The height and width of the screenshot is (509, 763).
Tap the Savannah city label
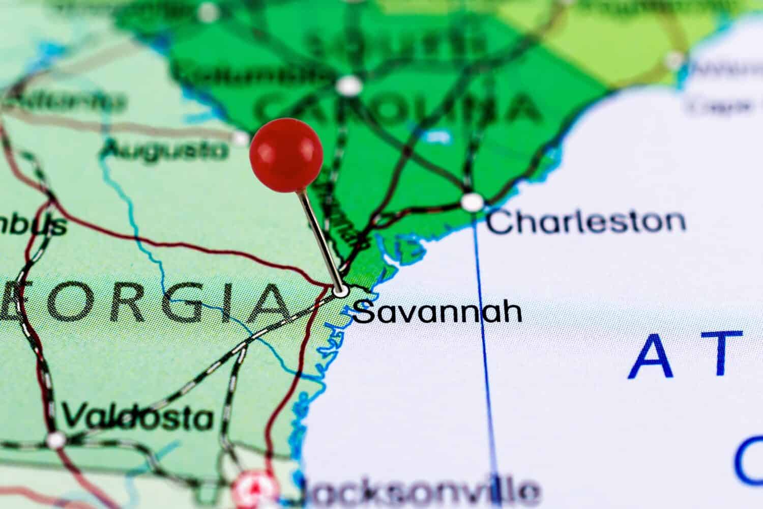[x=438, y=313]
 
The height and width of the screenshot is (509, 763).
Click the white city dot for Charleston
[x=472, y=202]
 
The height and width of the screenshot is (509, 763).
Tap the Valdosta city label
[x=137, y=418]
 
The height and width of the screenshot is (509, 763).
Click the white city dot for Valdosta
[x=56, y=439]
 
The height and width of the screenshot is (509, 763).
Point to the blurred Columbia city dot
[x=349, y=86]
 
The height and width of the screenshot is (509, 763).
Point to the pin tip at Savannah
[x=341, y=291]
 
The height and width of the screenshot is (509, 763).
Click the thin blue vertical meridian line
[x=486, y=356]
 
